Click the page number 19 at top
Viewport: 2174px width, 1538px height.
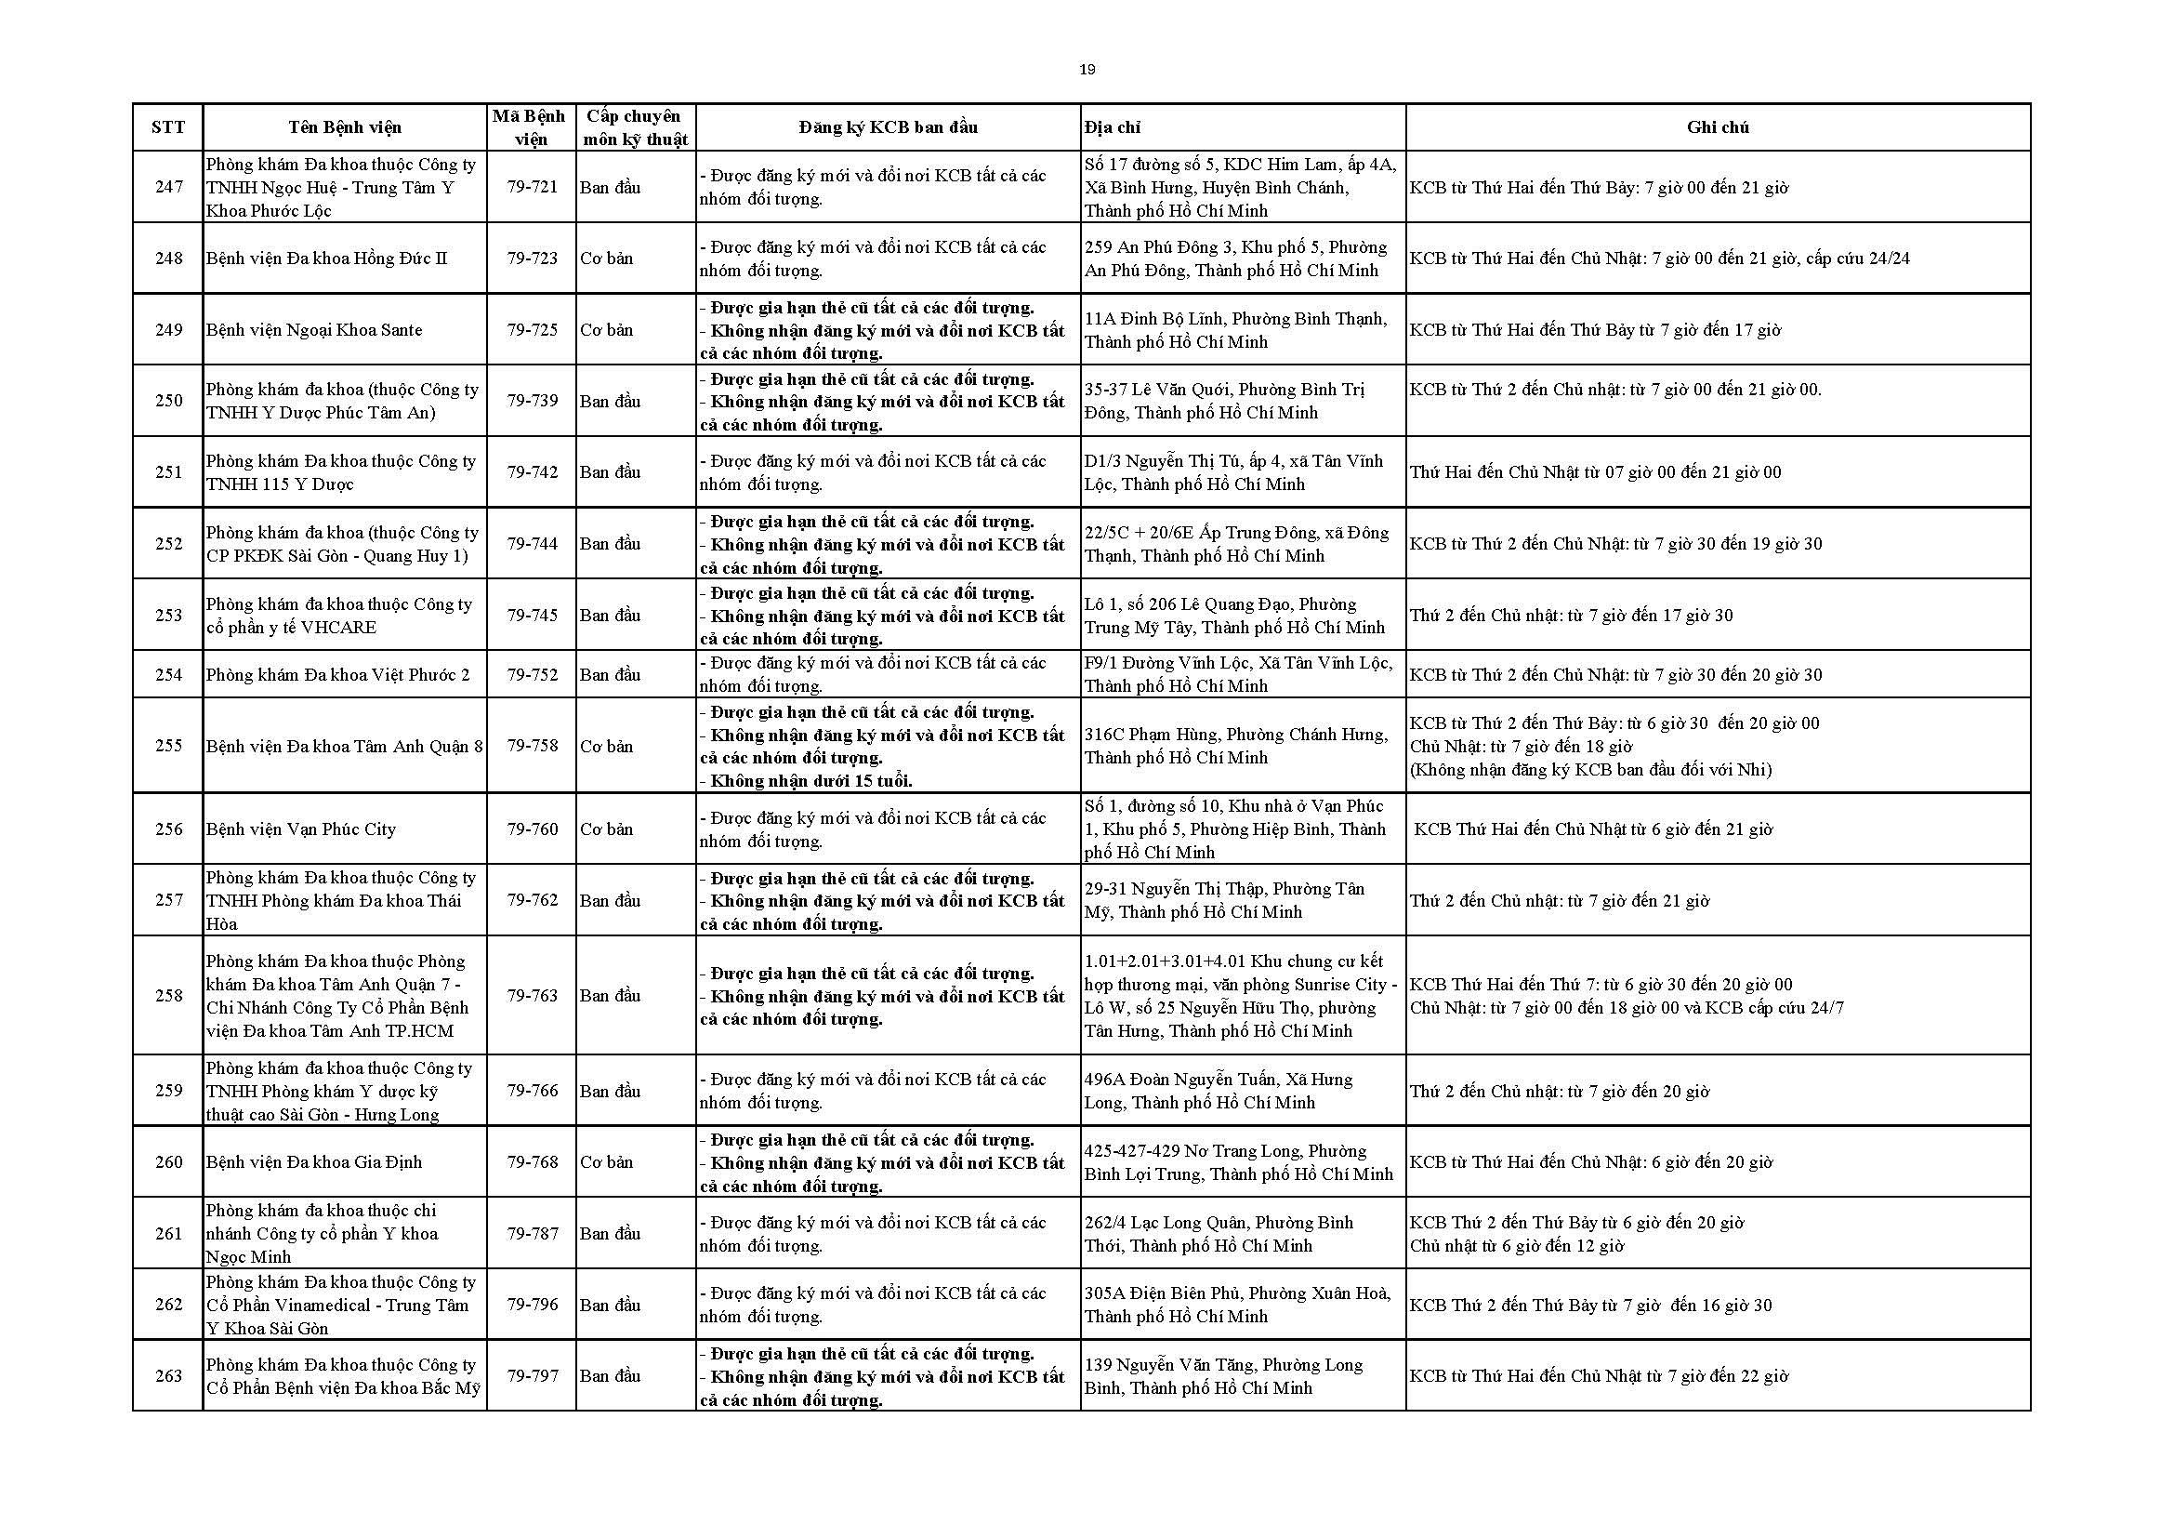point(1087,69)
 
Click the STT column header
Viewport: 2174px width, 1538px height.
point(167,126)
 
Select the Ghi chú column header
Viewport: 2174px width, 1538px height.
point(1717,126)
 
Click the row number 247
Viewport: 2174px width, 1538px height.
point(168,187)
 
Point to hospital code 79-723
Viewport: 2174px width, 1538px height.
point(532,258)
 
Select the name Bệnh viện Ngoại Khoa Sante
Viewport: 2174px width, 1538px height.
point(314,329)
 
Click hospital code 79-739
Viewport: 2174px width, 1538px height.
point(532,401)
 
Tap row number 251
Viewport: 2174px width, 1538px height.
point(168,471)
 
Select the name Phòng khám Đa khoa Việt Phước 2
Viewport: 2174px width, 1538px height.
point(338,674)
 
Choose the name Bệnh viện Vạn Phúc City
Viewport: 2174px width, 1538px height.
point(301,829)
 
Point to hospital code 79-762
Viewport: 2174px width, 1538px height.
point(532,900)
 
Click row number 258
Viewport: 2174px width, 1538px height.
point(168,995)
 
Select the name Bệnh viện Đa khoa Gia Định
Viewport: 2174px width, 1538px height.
point(314,1162)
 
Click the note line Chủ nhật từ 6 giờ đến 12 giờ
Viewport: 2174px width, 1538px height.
point(1516,1245)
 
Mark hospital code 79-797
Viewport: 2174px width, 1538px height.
point(532,1375)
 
